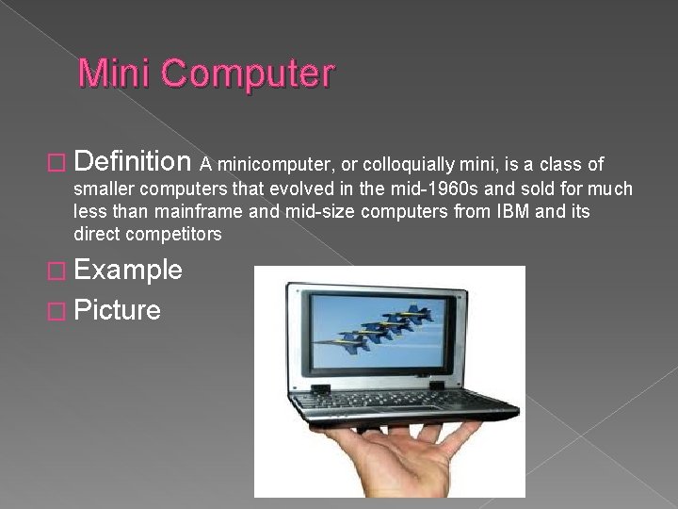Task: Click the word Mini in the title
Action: [x=110, y=74]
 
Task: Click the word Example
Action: [x=127, y=270]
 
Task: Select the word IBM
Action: [x=508, y=212]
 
